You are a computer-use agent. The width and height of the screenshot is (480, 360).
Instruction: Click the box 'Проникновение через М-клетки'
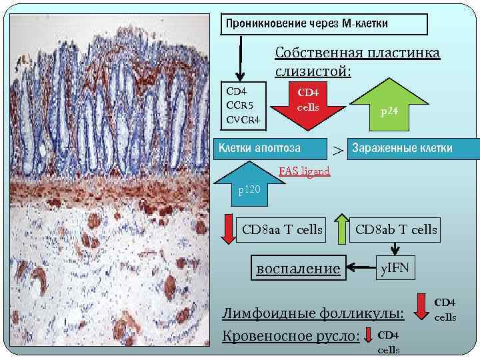coord(325,24)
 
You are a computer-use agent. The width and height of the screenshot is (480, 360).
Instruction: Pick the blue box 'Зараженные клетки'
coord(413,148)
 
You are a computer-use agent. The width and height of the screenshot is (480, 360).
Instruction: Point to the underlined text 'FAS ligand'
coord(304,171)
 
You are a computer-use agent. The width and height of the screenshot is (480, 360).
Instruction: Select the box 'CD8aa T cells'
coord(281,230)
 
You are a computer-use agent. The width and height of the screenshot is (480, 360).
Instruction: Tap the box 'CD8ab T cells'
coord(395,230)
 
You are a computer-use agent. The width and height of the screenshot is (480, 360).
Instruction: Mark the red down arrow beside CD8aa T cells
coord(228,229)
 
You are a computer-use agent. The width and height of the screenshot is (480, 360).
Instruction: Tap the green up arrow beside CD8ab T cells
coord(341,229)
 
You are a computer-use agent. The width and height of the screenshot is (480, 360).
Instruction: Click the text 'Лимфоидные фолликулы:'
coord(313,313)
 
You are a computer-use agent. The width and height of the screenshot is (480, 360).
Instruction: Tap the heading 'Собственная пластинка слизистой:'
coord(357,61)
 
